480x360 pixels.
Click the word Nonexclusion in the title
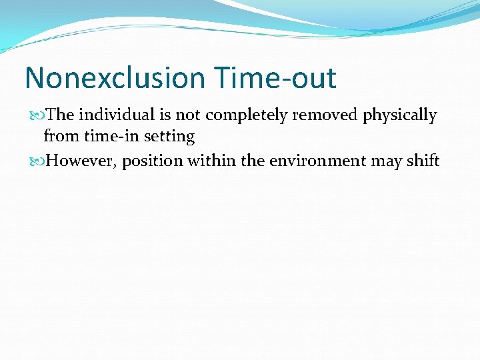115,78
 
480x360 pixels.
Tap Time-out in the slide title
276,78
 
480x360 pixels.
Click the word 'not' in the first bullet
188,115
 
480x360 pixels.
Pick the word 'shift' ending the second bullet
423,161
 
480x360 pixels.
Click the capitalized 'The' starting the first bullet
61,115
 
